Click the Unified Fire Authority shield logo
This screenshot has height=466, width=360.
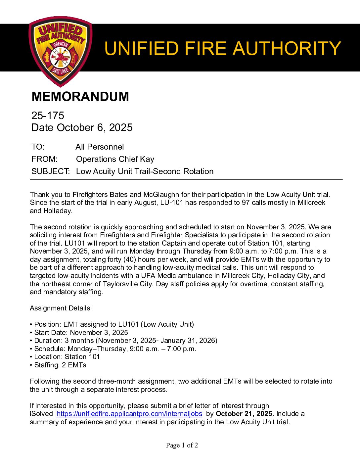point(60,51)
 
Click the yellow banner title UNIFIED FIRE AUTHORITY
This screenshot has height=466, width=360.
point(222,48)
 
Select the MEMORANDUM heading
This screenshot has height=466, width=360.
point(80,97)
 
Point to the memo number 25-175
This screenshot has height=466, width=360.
point(48,116)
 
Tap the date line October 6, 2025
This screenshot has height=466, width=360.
point(82,127)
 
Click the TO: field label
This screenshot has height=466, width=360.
point(38,147)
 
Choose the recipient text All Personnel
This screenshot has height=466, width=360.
point(100,147)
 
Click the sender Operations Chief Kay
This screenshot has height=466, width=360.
point(115,159)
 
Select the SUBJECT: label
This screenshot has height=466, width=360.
point(50,171)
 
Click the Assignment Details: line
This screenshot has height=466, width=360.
point(61,308)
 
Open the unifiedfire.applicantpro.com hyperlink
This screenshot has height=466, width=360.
point(129,414)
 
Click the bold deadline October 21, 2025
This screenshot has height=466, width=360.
point(244,414)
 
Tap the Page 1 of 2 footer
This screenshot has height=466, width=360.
point(182,445)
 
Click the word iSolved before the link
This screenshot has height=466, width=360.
point(41,414)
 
